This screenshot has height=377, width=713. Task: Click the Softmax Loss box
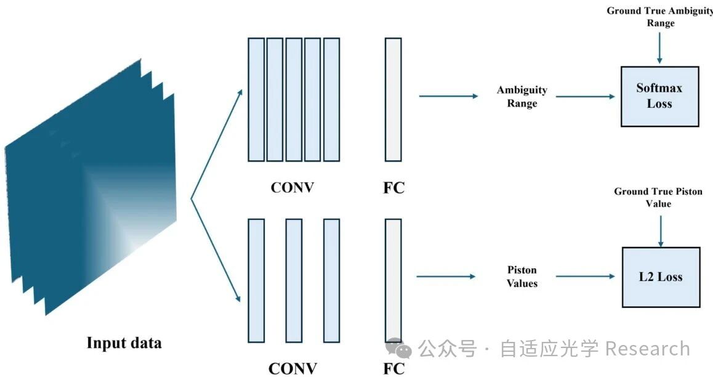click(659, 96)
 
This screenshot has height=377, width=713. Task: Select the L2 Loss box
click(661, 277)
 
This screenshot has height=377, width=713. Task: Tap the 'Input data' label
click(124, 343)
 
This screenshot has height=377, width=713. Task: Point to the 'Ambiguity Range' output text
click(522, 97)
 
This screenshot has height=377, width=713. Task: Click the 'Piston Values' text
click(522, 277)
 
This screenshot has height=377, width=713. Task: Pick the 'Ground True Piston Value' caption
click(658, 197)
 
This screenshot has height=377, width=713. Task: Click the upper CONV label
click(292, 187)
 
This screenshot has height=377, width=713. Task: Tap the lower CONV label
click(292, 368)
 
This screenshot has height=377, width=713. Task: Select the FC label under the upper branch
click(393, 187)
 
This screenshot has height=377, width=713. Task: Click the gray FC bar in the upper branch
click(393, 99)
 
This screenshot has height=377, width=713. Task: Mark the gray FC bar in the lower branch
click(393, 280)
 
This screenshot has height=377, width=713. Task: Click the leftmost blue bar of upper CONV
click(256, 99)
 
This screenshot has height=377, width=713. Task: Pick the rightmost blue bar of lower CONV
click(331, 280)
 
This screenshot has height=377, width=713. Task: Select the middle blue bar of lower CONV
click(294, 280)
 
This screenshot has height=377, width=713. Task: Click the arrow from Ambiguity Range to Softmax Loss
click(585, 97)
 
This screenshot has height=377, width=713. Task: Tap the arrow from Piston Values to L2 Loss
click(585, 277)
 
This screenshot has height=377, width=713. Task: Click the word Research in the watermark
click(647, 349)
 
